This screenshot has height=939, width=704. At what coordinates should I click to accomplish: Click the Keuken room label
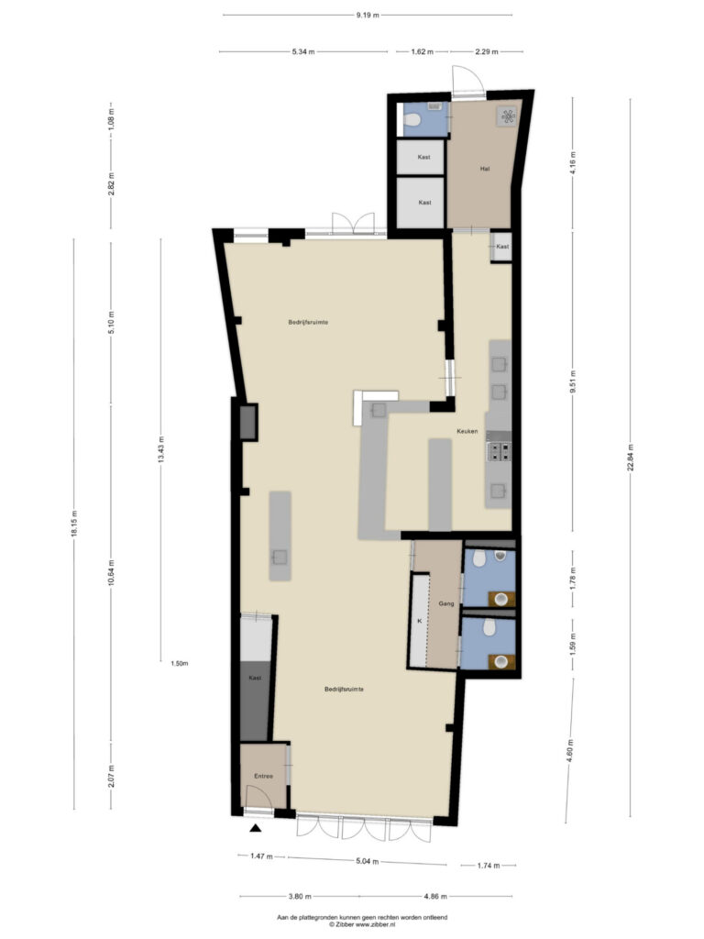point(467,431)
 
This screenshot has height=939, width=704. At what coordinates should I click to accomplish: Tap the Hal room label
point(485,169)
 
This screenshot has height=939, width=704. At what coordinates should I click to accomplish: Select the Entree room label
point(263,776)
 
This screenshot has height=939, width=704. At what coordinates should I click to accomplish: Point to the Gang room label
point(446,603)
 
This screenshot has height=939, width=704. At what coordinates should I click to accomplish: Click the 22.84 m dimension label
point(630,458)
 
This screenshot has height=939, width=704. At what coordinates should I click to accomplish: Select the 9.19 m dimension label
point(368,15)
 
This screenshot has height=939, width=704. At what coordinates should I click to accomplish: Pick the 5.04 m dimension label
point(367,861)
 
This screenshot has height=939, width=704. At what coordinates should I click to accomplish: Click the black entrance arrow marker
point(256,828)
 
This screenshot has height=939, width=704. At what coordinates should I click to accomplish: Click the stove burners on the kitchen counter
point(500,451)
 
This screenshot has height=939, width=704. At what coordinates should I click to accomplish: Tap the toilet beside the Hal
point(412,120)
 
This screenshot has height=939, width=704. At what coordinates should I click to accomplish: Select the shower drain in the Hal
point(508,116)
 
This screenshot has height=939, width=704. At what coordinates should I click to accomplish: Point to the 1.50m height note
point(179,664)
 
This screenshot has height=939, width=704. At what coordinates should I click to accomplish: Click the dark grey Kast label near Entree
point(255,678)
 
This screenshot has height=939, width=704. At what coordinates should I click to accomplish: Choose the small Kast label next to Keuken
point(503,247)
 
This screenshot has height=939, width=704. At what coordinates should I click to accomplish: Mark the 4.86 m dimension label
point(435,897)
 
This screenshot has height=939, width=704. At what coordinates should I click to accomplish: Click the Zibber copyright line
point(362,924)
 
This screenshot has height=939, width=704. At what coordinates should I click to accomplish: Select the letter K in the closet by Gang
point(419,621)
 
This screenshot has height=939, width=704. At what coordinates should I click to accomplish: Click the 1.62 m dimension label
point(422,51)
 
